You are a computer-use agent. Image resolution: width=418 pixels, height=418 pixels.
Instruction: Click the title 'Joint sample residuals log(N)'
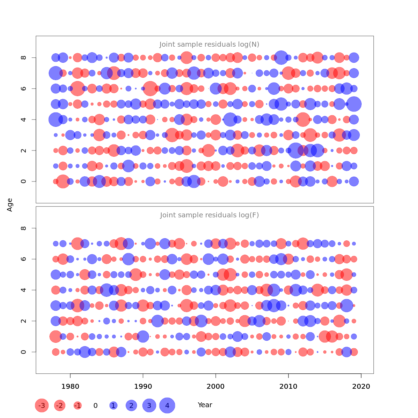pos(209,44)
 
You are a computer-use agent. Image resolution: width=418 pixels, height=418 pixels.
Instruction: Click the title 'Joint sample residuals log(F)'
pos(209,215)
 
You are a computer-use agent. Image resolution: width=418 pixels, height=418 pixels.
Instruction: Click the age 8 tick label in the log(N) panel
pos(24,57)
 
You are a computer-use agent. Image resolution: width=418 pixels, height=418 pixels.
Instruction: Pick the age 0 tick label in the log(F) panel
pos(24,352)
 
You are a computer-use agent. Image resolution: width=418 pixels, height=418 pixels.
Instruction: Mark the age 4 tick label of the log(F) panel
pos(24,290)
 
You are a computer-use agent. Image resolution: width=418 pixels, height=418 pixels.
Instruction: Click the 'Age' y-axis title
pos(10,204)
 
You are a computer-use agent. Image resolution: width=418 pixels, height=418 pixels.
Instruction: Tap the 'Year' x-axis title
pos(205,405)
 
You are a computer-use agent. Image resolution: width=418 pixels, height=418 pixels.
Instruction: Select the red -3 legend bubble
pos(42,405)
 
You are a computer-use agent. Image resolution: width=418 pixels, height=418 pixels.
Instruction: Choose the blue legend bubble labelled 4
pos(167,405)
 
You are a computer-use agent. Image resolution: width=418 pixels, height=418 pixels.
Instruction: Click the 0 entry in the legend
pos(95,405)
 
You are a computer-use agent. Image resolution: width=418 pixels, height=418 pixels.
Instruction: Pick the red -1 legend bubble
pos(78,405)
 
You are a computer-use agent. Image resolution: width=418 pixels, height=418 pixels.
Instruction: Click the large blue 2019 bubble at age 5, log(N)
pos(354,104)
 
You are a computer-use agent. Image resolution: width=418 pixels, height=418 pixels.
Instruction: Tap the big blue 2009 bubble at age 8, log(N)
pos(281,57)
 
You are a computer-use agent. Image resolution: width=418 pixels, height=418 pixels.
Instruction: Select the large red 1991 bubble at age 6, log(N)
pos(150,88)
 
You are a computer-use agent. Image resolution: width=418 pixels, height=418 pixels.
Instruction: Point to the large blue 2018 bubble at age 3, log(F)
pos(347,305)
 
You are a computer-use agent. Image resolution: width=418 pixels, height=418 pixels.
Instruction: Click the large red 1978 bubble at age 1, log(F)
pos(56,336)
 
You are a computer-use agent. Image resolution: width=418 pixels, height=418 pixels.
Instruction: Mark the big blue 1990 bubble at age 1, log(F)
pos(143,336)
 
